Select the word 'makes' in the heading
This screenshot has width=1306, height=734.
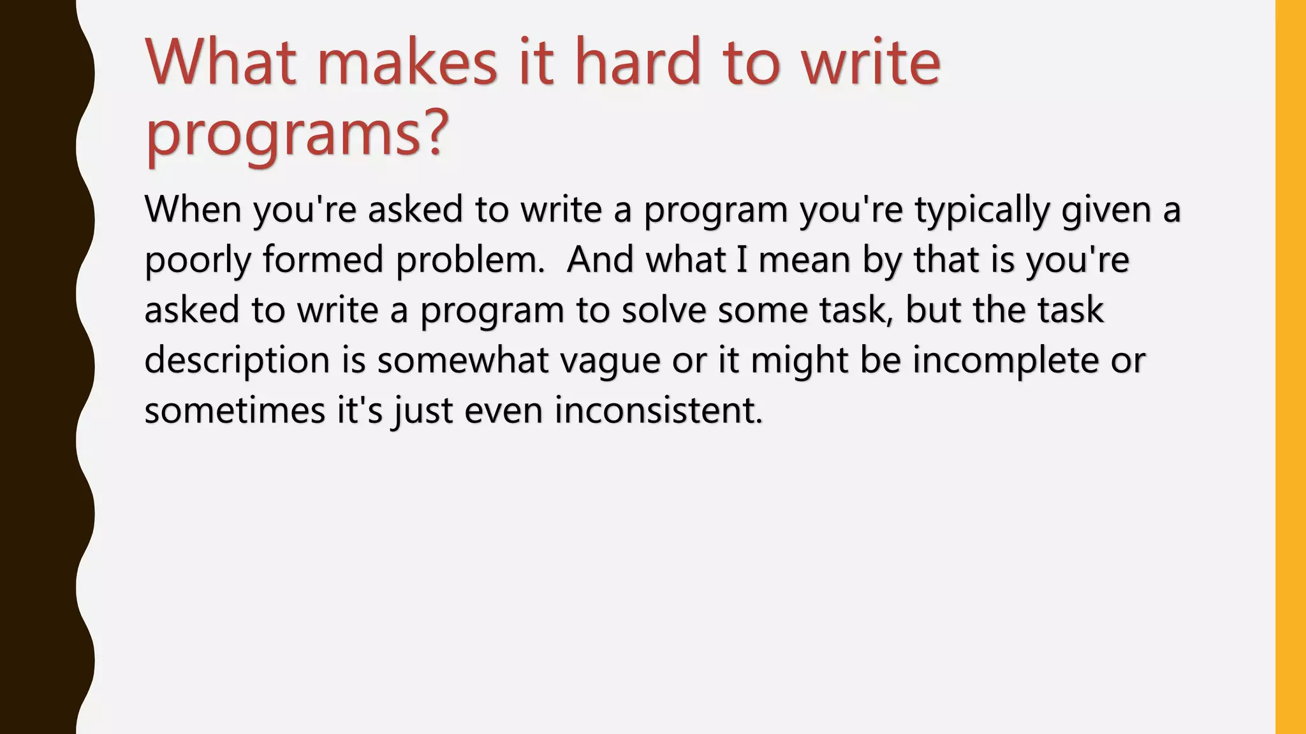407,62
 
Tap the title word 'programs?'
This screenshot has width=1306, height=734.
297,134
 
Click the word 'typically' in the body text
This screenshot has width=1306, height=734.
982,210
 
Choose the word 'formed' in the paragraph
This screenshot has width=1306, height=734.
323,260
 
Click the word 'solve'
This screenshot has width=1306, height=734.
664,310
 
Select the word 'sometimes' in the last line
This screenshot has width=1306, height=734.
235,410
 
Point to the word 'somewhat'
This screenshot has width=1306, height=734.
462,360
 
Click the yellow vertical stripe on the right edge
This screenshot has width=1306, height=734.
1290,367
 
